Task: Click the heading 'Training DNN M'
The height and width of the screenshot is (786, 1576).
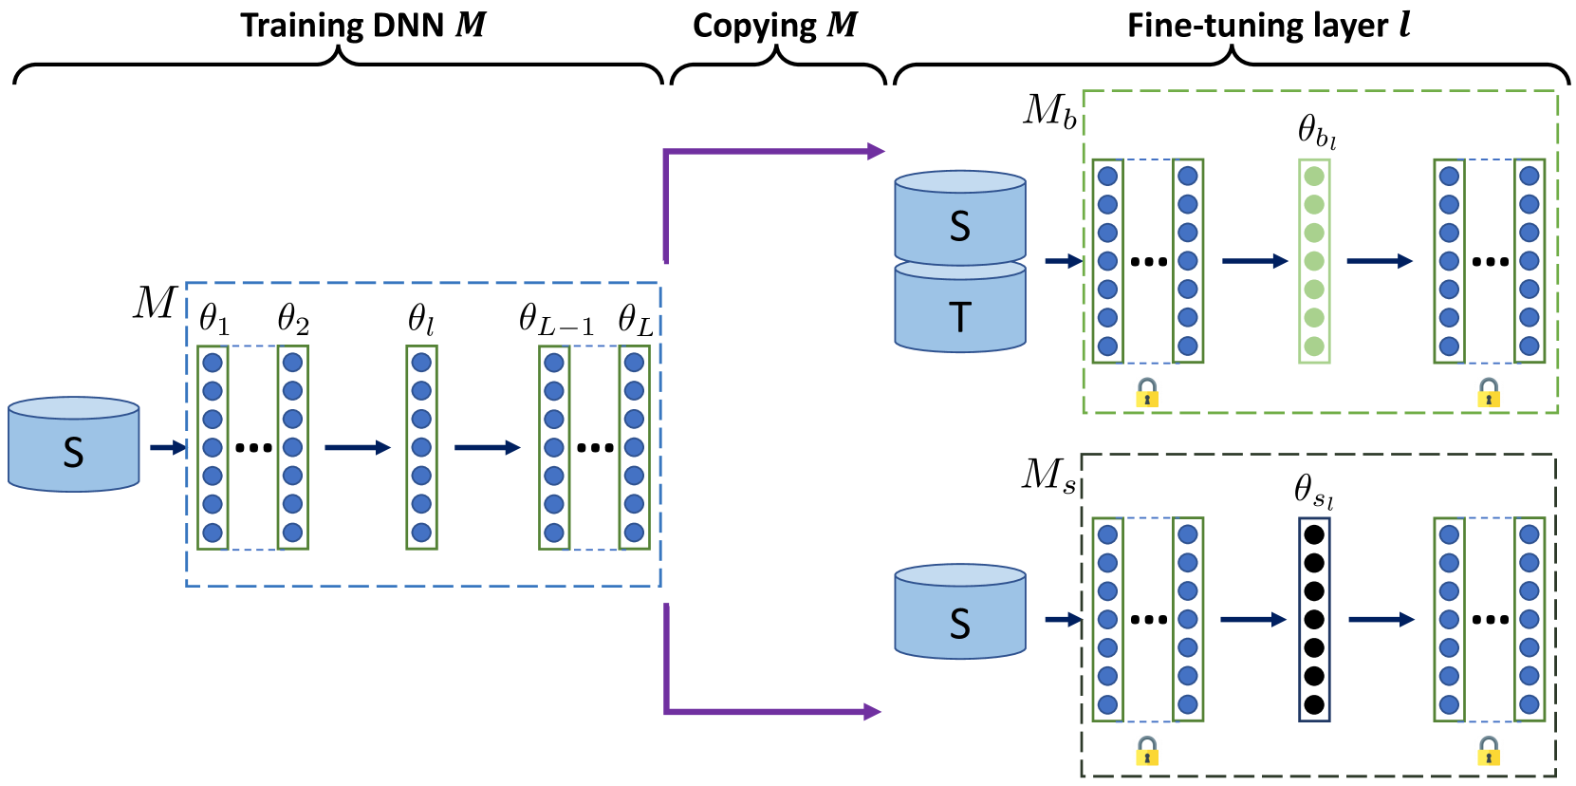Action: pyautogui.click(x=362, y=25)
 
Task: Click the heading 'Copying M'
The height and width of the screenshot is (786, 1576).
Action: pyautogui.click(x=774, y=25)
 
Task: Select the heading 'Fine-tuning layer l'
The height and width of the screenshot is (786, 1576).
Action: pyautogui.click(x=1268, y=25)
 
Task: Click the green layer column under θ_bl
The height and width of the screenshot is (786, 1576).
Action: pyautogui.click(x=1314, y=261)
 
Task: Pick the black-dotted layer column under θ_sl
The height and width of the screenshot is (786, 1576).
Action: pyautogui.click(x=1314, y=619)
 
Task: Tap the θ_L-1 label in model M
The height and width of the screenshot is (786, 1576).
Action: pyautogui.click(x=556, y=321)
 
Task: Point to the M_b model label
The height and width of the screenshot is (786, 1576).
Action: pyautogui.click(x=1049, y=112)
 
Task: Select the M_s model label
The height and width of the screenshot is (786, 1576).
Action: pyautogui.click(x=1048, y=475)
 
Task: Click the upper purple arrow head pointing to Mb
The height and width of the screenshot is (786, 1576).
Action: pyautogui.click(x=875, y=151)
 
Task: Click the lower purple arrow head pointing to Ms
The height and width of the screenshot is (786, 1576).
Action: pyautogui.click(x=873, y=711)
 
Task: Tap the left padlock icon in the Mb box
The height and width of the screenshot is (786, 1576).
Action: pyautogui.click(x=1147, y=393)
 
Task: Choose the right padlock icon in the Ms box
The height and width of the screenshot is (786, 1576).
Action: pyautogui.click(x=1489, y=751)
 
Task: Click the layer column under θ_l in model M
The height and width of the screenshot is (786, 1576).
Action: pyautogui.click(x=421, y=447)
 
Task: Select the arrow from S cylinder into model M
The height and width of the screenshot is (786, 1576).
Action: pyautogui.click(x=168, y=447)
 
